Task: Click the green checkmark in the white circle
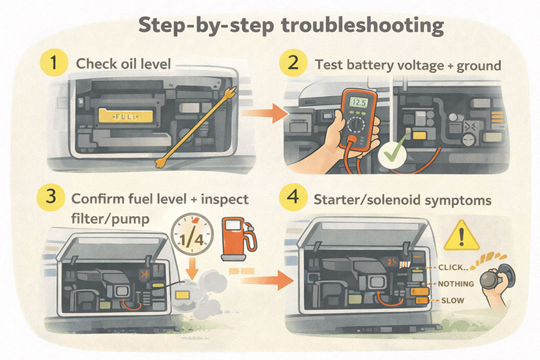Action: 390,153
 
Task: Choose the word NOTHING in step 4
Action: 455,283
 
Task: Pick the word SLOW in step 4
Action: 451,299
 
